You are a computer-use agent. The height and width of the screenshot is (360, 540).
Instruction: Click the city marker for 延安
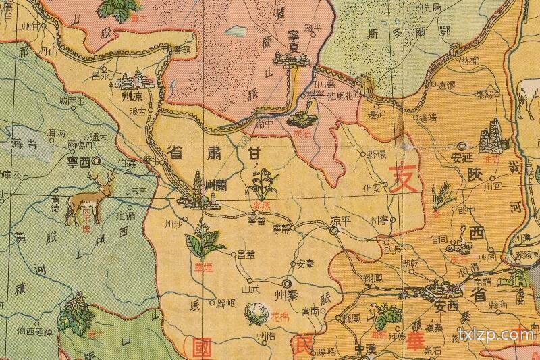462,145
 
